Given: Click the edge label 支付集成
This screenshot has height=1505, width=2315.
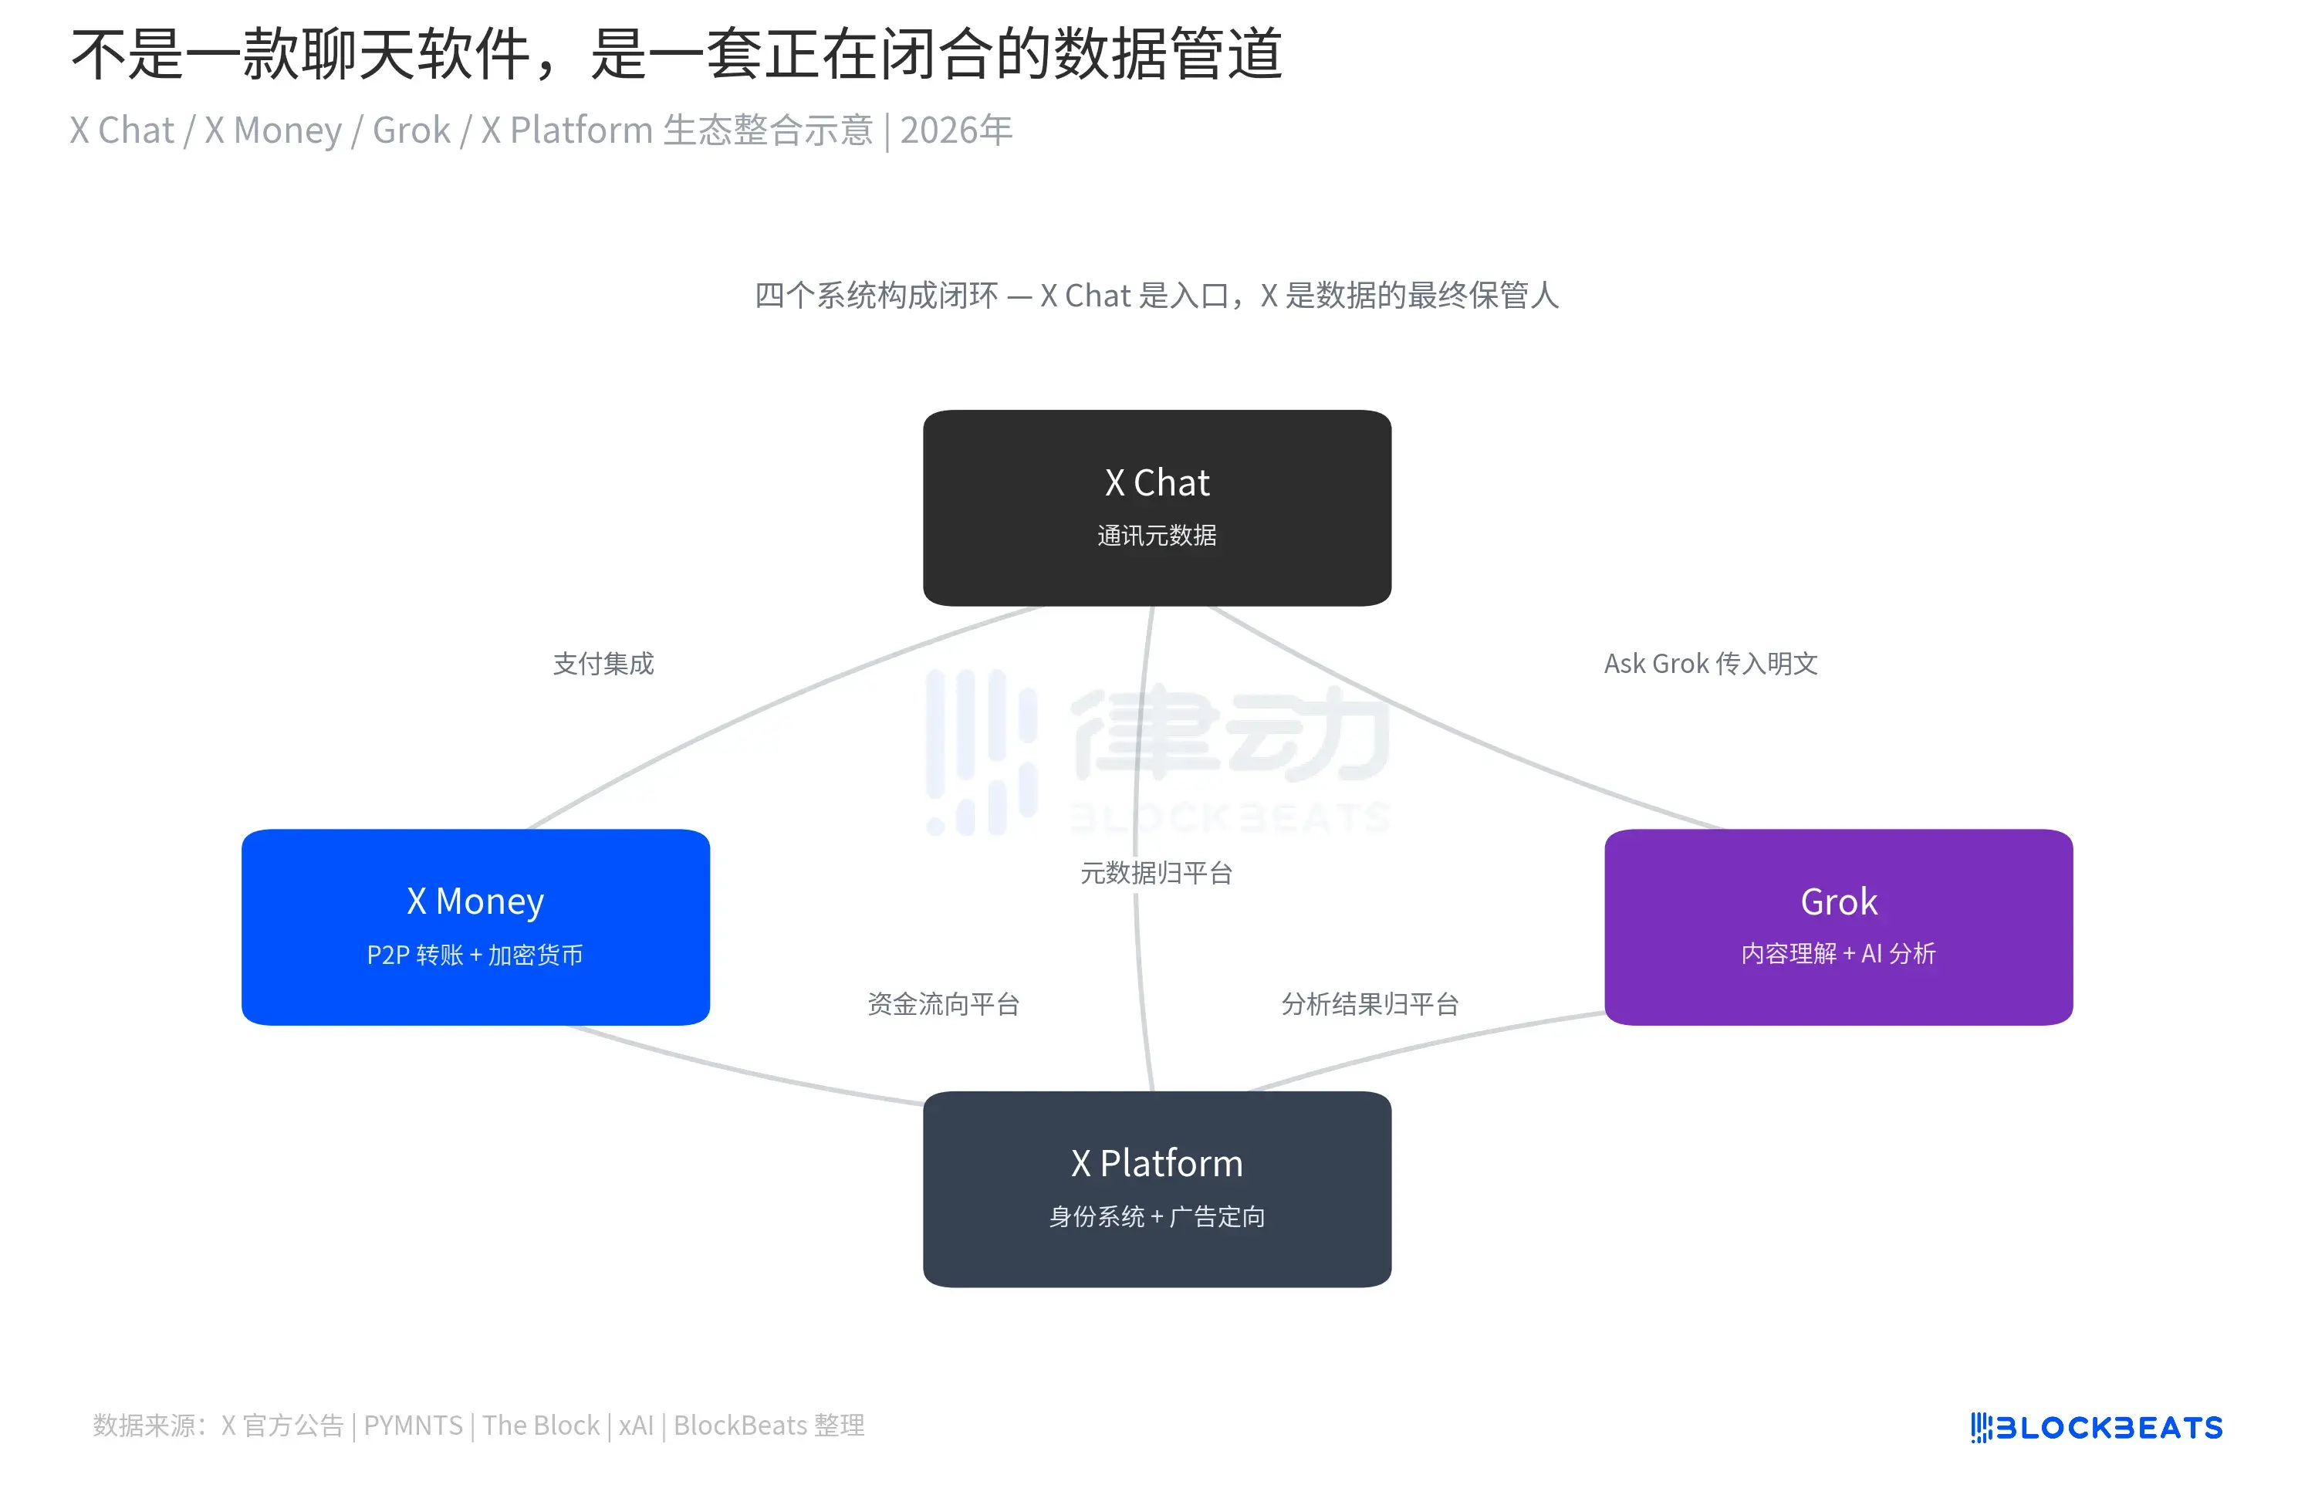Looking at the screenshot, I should pyautogui.click(x=603, y=664).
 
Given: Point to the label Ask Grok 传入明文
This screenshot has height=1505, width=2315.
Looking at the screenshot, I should pyautogui.click(x=1710, y=664).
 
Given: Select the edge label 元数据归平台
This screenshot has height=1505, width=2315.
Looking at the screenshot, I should pyautogui.click(x=1155, y=873).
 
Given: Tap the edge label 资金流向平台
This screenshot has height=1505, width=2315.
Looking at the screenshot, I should pyautogui.click(x=942, y=1004).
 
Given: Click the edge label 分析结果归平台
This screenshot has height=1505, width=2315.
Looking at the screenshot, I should pyautogui.click(x=1370, y=1004).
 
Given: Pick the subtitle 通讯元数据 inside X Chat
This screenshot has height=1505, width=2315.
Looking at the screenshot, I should pyautogui.click(x=1157, y=535).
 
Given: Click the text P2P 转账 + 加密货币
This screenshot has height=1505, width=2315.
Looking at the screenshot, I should pyautogui.click(x=475, y=955).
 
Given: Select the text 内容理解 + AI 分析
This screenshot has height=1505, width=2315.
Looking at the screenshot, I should pyautogui.click(x=1837, y=953).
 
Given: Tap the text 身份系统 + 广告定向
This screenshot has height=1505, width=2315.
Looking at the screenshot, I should pyautogui.click(x=1157, y=1216).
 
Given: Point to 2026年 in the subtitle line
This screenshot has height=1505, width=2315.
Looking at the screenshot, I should pyautogui.click(x=956, y=130).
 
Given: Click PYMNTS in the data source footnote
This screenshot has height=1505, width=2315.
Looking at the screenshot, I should pyautogui.click(x=412, y=1426).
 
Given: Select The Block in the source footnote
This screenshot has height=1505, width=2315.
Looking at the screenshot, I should pyautogui.click(x=541, y=1426).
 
